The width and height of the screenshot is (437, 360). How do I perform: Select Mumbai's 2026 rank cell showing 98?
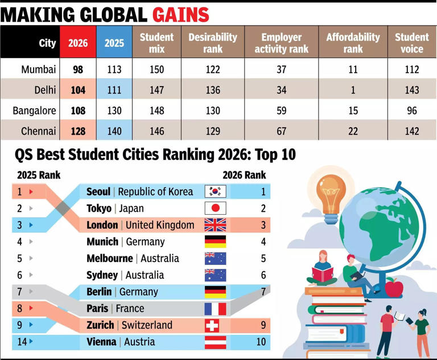78,69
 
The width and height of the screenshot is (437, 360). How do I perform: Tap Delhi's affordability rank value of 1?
353,90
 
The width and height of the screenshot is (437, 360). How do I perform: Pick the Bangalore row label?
34,111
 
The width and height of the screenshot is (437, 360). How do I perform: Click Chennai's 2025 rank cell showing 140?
114,131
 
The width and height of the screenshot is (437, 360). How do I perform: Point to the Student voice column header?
412,43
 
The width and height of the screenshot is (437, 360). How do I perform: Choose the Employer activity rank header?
281,43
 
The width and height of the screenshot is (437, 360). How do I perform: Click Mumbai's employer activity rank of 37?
281,69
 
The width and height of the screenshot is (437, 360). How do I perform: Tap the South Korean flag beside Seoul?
215,192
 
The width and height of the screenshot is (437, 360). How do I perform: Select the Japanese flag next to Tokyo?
215,208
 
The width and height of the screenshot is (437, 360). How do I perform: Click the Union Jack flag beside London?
215,225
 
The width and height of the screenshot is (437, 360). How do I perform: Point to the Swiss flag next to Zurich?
215,325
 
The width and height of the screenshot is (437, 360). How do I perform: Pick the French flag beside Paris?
215,309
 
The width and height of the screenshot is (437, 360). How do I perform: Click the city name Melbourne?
110,259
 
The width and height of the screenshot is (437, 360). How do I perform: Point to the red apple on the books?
394,287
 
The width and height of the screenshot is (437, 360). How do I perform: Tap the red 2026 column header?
78,43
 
